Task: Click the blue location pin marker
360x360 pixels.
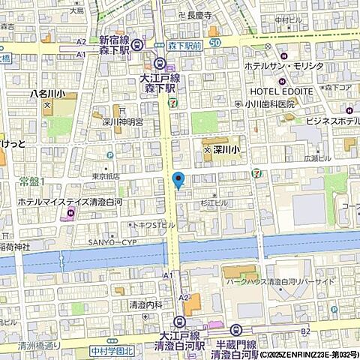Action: (178, 180)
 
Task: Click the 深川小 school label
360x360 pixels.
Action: (224, 151)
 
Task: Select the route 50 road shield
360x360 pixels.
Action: (215, 43)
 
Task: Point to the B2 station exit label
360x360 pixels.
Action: (305, 330)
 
